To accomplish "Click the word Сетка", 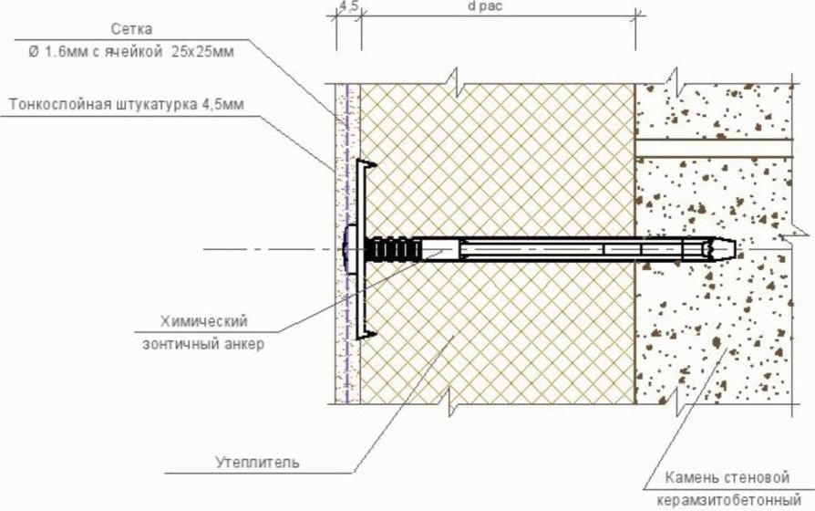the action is [x=131, y=29].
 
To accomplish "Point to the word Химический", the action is [x=204, y=321].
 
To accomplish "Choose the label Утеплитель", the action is [x=257, y=462].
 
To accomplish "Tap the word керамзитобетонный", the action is [x=728, y=501].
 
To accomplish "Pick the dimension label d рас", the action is [x=485, y=6].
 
